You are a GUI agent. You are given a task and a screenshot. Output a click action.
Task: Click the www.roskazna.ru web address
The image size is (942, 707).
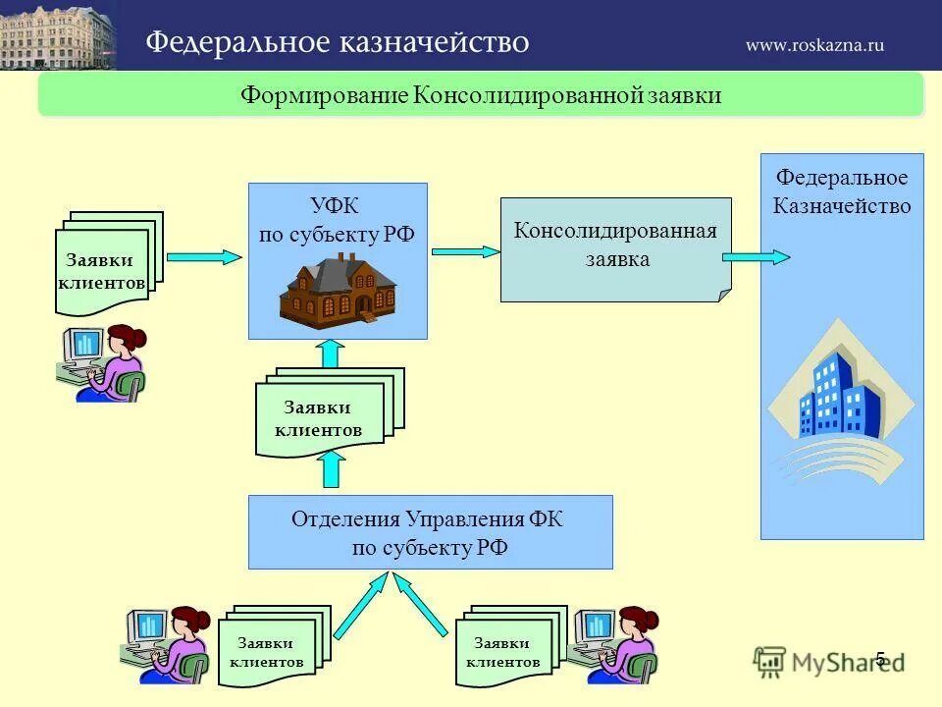coord(814,44)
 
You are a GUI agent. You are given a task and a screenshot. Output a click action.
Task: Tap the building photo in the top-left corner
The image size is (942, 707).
coord(57,35)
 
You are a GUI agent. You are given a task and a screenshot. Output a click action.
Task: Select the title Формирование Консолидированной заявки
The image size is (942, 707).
coord(481,96)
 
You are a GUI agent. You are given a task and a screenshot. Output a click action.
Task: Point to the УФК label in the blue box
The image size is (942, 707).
coord(337,206)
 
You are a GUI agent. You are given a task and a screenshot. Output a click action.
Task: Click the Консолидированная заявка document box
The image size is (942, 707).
coord(616,247)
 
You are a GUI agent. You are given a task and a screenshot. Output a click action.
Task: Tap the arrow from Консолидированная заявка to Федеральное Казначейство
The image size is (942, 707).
coord(756,257)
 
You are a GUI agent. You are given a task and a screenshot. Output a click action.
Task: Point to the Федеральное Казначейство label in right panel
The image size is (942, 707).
coord(842,191)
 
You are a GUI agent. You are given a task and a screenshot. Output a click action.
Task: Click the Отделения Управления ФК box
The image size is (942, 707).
coord(430,532)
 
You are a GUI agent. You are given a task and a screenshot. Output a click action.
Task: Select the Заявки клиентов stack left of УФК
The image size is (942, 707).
coord(106,263)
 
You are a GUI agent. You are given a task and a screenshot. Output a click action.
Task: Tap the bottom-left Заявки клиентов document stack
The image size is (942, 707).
coord(268,648)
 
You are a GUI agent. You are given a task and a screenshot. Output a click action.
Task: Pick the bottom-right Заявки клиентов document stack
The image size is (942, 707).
coord(508,648)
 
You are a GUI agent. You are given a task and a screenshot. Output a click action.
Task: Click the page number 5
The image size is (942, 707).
coord(880,659)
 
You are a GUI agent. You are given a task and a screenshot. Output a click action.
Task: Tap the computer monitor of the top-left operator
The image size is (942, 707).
coord(83,344)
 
